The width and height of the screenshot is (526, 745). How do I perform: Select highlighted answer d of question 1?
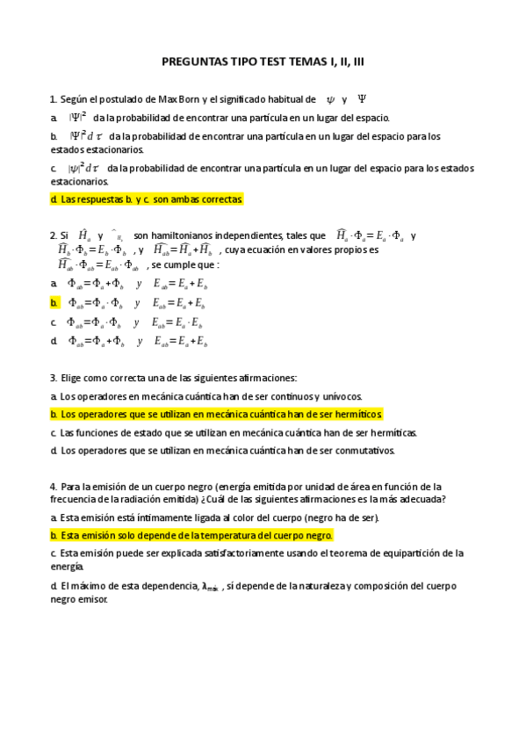click(146, 199)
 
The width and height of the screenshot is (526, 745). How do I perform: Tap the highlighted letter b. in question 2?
click(54, 303)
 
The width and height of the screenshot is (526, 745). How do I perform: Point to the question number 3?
click(53, 378)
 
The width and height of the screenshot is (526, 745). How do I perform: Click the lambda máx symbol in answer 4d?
click(211, 587)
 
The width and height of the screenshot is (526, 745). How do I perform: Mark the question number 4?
click(53, 486)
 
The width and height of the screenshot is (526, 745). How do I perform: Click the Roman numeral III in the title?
click(353, 63)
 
